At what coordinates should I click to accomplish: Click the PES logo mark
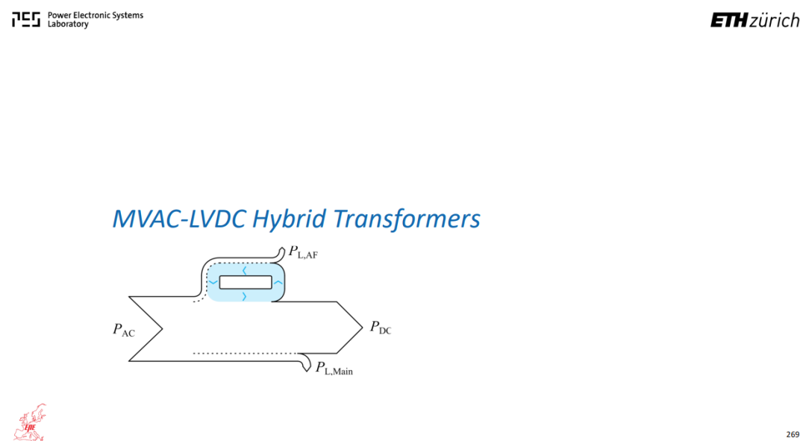[26, 19]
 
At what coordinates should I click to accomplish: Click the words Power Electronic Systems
[96, 16]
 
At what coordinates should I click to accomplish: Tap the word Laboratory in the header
[68, 24]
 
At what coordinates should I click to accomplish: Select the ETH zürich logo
[755, 20]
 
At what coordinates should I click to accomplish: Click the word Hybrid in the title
[290, 219]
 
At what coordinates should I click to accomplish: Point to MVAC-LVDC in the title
[179, 219]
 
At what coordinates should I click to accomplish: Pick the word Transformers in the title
[407, 219]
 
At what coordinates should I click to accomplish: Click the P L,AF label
[303, 252]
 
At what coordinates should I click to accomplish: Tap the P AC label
[124, 330]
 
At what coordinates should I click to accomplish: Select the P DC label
[381, 328]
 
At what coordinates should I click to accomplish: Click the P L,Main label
[334, 368]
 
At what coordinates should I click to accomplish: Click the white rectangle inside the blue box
[246, 282]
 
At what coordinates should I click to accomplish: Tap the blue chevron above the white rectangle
[245, 270]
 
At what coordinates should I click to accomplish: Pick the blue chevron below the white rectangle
[244, 296]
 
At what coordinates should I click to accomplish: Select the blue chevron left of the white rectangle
[213, 282]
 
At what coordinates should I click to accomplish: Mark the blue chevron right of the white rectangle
[278, 282]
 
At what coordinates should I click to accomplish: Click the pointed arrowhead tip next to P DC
[363, 328]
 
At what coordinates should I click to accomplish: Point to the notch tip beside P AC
[163, 329]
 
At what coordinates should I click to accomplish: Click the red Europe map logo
[30, 422]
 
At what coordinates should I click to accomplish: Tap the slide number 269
[793, 434]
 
